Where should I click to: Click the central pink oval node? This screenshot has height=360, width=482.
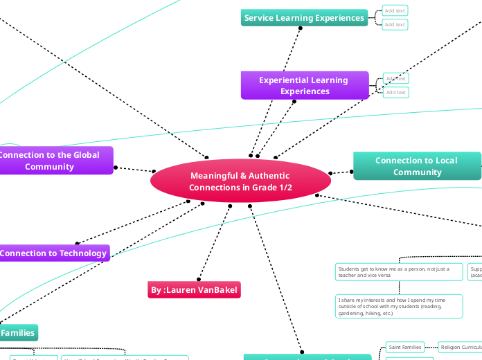[240, 181]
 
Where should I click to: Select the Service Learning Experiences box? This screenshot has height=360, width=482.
[304, 17]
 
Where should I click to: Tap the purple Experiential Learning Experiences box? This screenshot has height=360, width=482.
[304, 85]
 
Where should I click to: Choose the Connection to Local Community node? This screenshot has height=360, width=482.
[416, 166]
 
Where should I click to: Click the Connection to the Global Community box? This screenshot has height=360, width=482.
[55, 161]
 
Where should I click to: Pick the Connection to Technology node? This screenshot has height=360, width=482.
[54, 253]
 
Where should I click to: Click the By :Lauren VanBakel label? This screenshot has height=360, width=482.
[195, 290]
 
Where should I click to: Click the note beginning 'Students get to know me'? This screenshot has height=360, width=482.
[398, 271]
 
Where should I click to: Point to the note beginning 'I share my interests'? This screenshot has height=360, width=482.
[398, 306]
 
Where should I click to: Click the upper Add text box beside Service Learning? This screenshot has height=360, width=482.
[395, 10]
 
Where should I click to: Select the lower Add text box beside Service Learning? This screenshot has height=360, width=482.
[395, 25]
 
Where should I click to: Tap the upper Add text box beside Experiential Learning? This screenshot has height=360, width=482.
[395, 78]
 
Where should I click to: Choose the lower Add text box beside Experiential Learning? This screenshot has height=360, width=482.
[395, 92]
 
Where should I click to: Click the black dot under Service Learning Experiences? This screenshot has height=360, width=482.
[301, 28]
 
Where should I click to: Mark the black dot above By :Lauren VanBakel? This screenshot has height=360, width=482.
[199, 279]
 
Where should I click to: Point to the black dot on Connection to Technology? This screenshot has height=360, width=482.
[77, 244]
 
